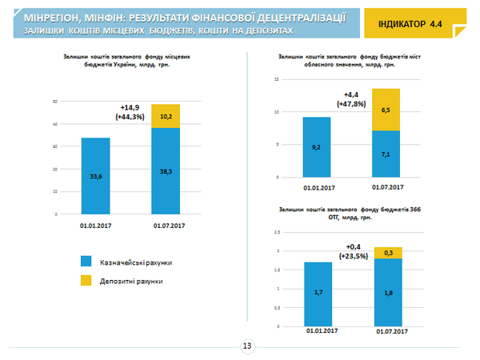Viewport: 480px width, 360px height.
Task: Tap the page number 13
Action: (246, 346)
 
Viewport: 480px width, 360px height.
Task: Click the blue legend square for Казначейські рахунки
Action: (86, 262)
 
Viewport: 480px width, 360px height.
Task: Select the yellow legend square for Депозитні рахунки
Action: (86, 281)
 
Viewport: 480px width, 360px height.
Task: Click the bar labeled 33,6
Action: (96, 176)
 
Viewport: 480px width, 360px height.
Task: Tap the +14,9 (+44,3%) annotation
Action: (130, 112)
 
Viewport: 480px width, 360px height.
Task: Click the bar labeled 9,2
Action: (317, 147)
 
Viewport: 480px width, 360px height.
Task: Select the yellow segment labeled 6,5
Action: (386, 110)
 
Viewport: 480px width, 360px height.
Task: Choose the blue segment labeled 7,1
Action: (386, 154)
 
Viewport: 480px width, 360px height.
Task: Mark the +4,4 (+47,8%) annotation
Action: (351, 100)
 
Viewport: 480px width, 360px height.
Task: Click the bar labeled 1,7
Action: (318, 294)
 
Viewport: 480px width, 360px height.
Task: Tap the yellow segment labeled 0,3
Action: (387, 253)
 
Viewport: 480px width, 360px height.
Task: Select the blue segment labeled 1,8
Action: (387, 292)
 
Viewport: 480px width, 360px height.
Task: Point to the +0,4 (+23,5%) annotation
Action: (353, 250)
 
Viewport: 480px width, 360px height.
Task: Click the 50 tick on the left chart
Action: (55, 102)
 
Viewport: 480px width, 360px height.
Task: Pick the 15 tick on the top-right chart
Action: (274, 80)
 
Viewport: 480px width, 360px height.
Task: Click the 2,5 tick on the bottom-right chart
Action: (277, 232)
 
